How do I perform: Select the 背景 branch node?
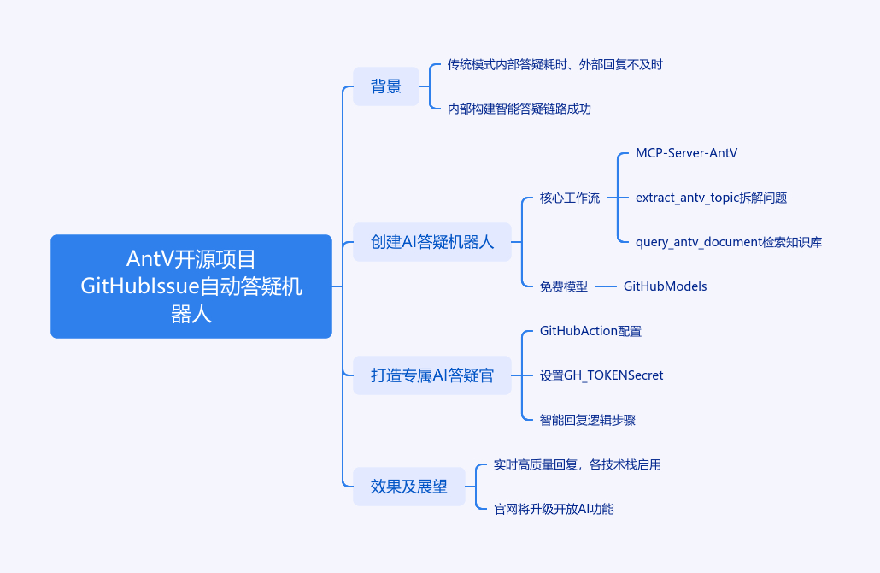click(x=386, y=86)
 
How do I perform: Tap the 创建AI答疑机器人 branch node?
click(x=432, y=242)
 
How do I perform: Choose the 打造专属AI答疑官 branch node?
click(x=432, y=375)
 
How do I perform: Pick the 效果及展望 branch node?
click(x=409, y=487)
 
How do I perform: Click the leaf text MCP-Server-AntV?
click(x=686, y=153)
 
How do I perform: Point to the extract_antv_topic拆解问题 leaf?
click(x=711, y=198)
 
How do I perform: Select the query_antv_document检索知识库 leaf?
click(x=729, y=242)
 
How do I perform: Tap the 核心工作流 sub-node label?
click(x=570, y=198)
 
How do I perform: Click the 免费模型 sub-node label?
click(x=564, y=286)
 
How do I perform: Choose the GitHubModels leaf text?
click(x=665, y=286)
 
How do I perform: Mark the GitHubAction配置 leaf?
click(x=590, y=331)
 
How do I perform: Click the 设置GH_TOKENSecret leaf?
click(x=601, y=375)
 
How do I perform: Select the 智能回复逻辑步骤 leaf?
click(x=588, y=420)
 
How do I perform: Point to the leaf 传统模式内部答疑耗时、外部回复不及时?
click(x=555, y=64)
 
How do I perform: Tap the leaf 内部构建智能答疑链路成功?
click(x=519, y=109)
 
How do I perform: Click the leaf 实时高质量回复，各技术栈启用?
click(x=578, y=464)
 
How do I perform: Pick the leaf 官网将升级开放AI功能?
click(x=554, y=509)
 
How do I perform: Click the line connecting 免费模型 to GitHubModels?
click(x=606, y=286)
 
